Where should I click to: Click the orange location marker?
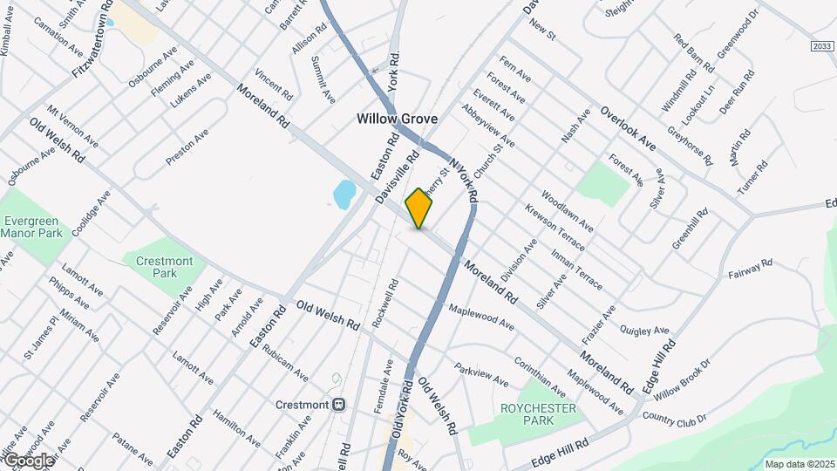click(x=419, y=208)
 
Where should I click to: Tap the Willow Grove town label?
click(x=396, y=119)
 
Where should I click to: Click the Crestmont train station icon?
click(x=339, y=405)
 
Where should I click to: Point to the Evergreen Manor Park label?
click(x=31, y=228)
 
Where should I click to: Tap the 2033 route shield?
click(x=821, y=46)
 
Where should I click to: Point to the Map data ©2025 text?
click(x=800, y=463)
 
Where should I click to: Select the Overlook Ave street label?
click(x=627, y=127)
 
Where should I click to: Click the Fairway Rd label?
click(x=751, y=268)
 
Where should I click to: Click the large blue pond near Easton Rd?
click(x=344, y=194)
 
